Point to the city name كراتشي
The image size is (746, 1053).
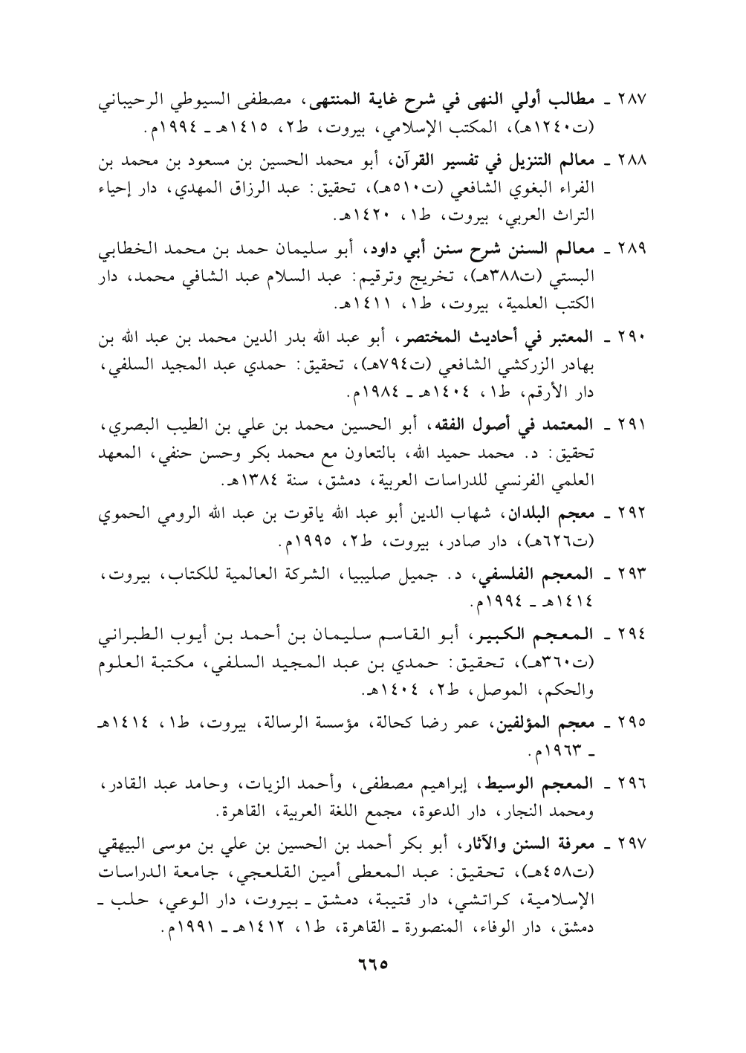coord(543,888)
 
